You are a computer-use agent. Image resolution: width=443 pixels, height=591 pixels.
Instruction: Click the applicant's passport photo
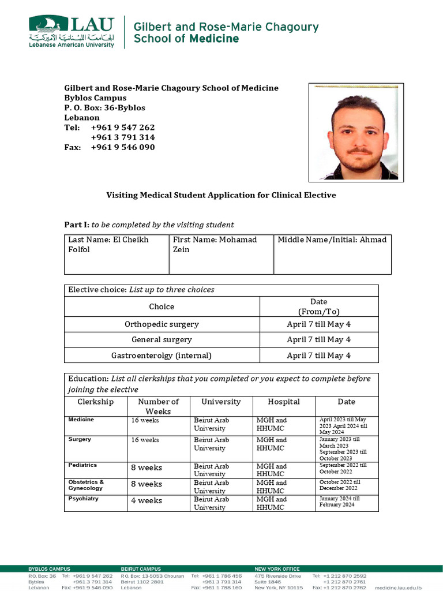click(353, 132)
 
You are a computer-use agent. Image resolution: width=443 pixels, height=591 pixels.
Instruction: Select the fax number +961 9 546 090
click(123, 147)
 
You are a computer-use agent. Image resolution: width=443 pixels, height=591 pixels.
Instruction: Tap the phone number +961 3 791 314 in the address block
click(123, 137)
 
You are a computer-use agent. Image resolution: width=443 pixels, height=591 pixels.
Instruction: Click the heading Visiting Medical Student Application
click(221, 195)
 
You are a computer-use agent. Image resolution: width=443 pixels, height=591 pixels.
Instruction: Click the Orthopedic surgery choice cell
click(162, 324)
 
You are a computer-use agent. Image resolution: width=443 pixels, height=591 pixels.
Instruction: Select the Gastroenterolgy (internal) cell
click(162, 356)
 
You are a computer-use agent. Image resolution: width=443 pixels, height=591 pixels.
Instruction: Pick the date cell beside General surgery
click(318, 340)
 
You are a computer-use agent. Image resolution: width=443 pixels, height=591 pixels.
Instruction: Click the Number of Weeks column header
click(158, 406)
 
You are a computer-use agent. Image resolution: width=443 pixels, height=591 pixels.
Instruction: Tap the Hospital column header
click(284, 402)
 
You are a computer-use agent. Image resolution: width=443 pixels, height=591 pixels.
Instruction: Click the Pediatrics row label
click(82, 465)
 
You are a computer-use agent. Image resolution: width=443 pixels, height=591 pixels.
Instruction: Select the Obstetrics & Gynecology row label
click(86, 485)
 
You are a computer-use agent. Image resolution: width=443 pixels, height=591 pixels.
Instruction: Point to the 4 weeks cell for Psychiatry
click(147, 500)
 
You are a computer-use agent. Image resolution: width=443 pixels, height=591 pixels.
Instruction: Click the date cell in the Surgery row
click(346, 448)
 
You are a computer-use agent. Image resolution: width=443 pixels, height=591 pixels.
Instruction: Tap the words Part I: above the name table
click(76, 225)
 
